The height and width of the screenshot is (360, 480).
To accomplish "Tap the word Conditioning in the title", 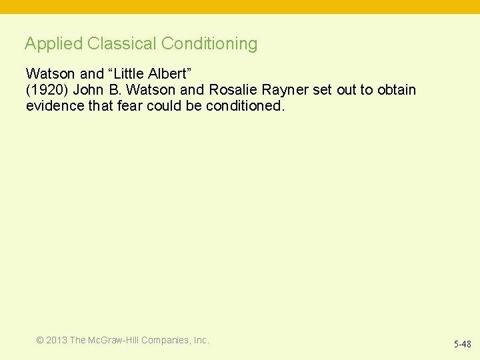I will click(209, 44).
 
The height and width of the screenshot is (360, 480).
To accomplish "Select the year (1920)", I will click(47, 90).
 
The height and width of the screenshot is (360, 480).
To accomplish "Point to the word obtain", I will click(395, 90).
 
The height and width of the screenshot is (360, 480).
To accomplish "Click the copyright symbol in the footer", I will click(40, 340).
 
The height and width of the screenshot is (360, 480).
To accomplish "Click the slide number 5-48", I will click(462, 345).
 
